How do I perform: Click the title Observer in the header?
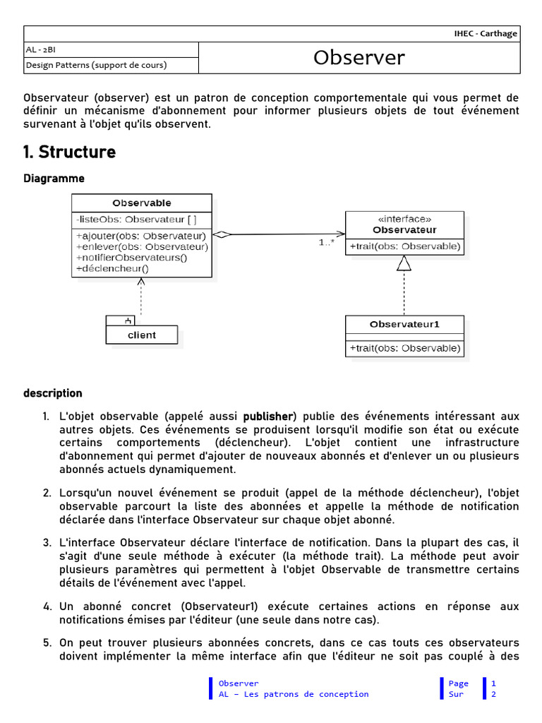coord(359,58)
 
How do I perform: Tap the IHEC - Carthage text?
coord(486,34)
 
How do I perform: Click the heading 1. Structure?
coord(69,152)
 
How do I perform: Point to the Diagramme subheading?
coord(54,179)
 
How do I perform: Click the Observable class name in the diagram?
coord(142,203)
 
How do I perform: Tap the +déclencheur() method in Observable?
coord(112,268)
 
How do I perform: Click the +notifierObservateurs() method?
coord(131,258)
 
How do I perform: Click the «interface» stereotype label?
coord(404,219)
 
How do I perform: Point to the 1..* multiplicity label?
coord(327,243)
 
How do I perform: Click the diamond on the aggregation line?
coord(222,235)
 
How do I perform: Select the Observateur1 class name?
coord(404,325)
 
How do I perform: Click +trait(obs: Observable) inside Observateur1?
coord(404,348)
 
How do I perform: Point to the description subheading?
coord(52,393)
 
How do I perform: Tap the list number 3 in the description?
coord(47,543)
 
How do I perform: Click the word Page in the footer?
coord(458,683)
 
